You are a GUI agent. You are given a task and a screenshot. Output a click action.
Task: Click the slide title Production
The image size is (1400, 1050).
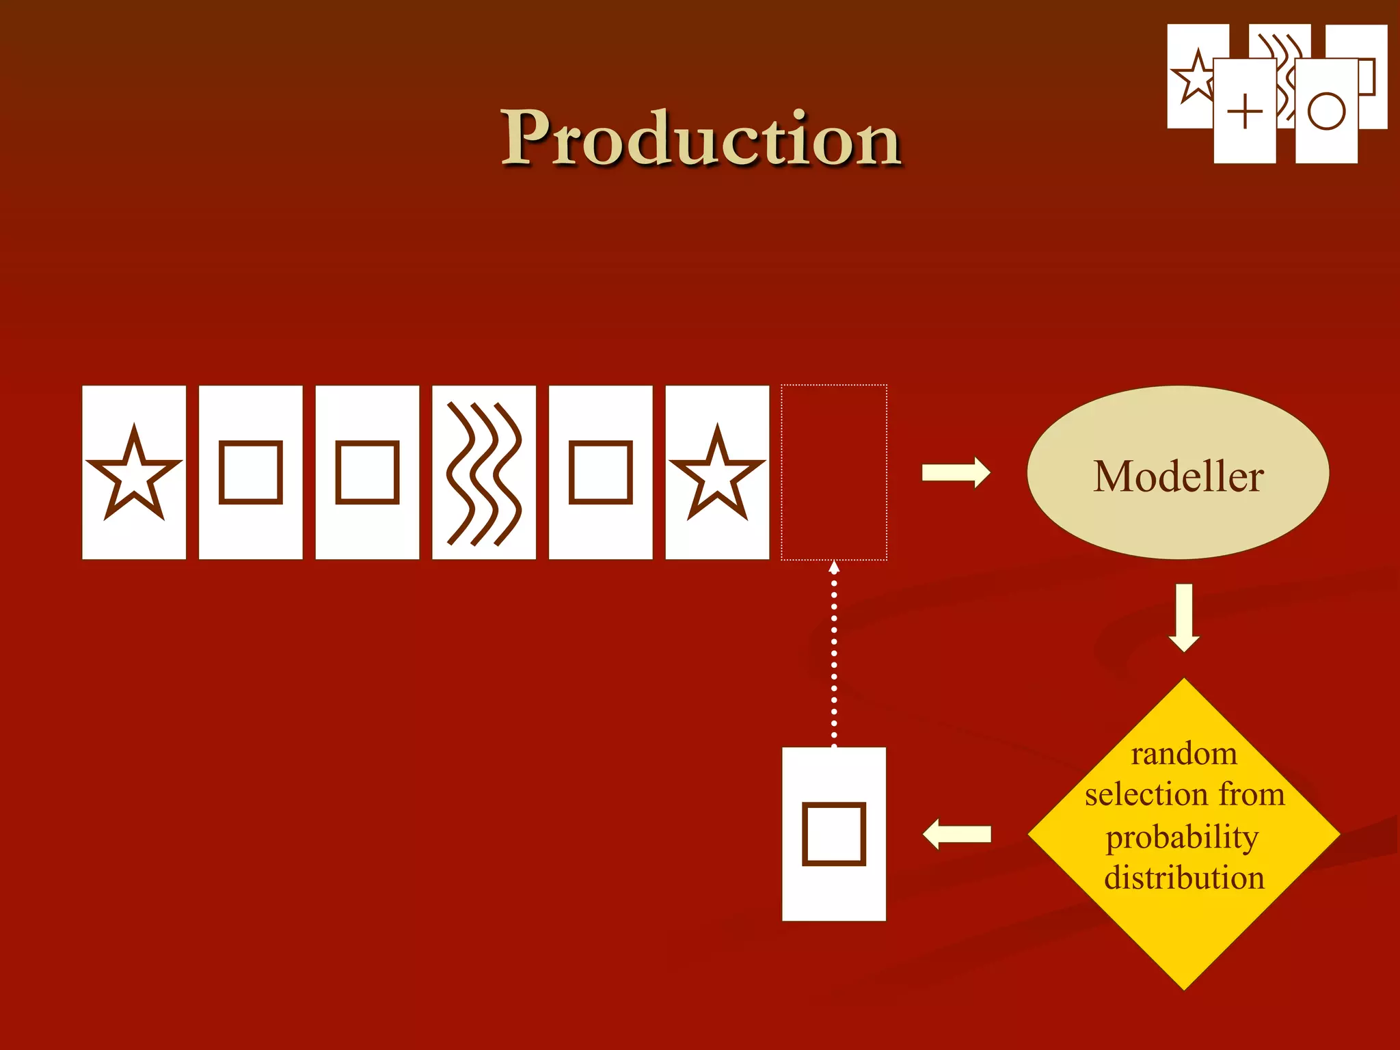click(701, 138)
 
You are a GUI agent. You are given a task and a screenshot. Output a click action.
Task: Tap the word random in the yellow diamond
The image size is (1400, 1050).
click(1183, 754)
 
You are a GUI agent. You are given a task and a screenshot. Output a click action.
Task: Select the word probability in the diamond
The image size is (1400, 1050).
click(1182, 837)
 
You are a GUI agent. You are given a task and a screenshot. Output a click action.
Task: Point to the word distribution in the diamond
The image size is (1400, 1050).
click(1184, 878)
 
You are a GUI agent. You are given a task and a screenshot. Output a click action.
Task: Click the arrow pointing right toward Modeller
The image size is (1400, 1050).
click(956, 472)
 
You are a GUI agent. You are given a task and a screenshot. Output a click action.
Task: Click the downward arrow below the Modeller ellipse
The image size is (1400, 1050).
click(1184, 617)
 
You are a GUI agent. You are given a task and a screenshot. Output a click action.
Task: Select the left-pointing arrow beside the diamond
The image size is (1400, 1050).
click(956, 834)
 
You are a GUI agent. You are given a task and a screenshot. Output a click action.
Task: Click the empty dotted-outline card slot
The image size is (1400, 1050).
click(834, 472)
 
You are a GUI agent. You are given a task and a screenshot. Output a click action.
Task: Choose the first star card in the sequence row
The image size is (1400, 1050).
click(134, 472)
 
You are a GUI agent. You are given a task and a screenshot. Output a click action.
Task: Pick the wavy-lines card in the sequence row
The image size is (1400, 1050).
click(484, 472)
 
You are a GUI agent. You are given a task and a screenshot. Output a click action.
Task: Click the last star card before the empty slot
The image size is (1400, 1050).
click(717, 472)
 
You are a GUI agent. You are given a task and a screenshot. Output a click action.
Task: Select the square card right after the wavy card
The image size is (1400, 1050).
click(600, 472)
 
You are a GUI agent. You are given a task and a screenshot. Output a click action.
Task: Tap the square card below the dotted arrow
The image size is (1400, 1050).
click(834, 834)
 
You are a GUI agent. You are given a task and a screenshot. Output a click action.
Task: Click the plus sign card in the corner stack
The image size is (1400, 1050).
click(1245, 111)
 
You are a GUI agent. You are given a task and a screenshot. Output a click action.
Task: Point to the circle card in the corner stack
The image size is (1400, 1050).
click(1326, 111)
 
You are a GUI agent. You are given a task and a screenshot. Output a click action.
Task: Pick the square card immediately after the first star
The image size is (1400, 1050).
click(250, 472)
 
